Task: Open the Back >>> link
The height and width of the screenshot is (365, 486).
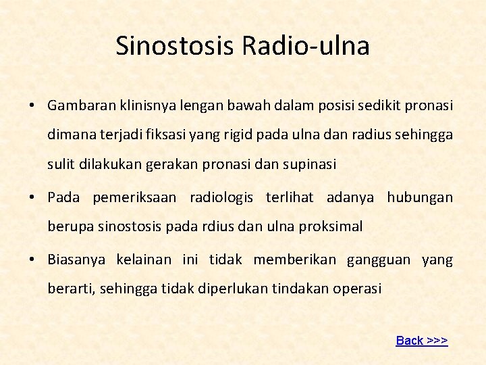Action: pos(422,341)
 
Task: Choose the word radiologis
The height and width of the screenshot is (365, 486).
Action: pos(221,197)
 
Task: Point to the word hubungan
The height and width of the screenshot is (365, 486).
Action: pos(420,197)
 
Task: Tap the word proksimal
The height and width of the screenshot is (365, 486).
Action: pos(330,226)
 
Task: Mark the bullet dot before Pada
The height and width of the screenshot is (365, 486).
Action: pos(32,197)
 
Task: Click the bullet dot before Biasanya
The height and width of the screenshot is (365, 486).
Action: pos(32,260)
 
